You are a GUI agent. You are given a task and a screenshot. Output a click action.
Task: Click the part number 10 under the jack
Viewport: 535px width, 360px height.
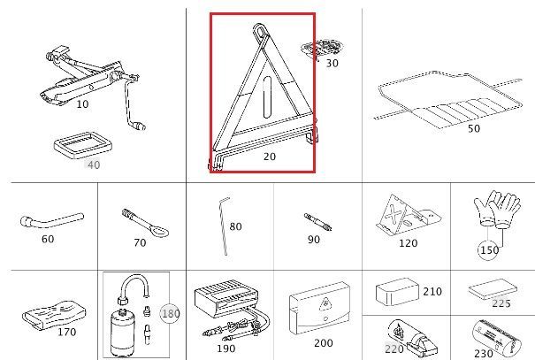(82, 103)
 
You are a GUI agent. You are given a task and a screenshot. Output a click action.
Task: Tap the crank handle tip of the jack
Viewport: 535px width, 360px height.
(141, 126)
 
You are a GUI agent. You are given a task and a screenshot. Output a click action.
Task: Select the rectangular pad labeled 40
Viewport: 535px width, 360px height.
(83, 145)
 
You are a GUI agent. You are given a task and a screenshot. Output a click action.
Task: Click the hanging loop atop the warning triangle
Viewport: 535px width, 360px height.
(260, 31)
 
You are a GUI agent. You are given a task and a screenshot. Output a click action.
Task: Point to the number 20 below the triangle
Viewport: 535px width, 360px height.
(270, 157)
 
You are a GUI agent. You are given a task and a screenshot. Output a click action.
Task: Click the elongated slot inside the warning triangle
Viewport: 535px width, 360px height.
(267, 97)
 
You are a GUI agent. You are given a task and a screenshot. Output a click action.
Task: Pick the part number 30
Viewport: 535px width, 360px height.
(332, 63)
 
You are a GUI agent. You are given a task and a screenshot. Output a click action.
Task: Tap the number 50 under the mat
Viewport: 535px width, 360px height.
(474, 128)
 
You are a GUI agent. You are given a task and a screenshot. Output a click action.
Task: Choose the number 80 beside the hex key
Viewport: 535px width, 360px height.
(235, 226)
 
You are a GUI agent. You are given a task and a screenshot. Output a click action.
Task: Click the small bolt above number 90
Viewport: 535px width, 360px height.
(317, 222)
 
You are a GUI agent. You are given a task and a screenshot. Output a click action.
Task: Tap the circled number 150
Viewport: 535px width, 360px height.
(489, 250)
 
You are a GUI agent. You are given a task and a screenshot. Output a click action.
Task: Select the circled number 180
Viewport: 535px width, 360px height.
(170, 313)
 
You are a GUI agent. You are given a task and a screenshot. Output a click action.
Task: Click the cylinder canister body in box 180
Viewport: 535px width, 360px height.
(123, 335)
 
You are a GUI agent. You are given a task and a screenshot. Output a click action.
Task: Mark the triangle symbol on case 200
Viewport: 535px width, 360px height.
(325, 303)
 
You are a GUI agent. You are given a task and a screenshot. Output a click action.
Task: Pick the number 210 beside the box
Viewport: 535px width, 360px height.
(432, 291)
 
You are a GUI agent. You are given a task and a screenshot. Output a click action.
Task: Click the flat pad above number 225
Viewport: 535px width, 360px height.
(493, 289)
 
